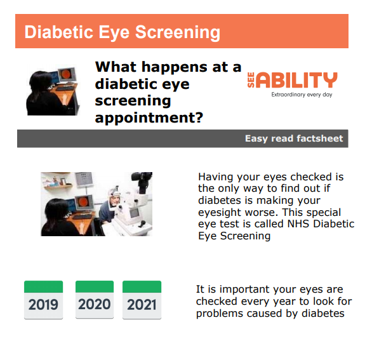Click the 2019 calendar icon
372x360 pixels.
[43, 300]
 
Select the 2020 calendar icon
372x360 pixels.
[95, 300]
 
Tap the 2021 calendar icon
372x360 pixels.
[142, 300]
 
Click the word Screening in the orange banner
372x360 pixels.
[178, 32]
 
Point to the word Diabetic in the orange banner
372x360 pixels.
[59, 32]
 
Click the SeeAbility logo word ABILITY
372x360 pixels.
[298, 80]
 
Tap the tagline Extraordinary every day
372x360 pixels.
[302, 95]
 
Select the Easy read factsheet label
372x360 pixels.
[294, 138]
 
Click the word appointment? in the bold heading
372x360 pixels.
[149, 117]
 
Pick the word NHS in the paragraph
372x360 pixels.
[298, 223]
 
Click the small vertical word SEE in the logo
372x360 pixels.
[251, 80]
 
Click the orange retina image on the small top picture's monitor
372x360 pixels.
[67, 74]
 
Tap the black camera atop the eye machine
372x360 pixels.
[142, 181]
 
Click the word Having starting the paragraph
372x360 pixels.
[216, 177]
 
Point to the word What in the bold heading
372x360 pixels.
[116, 67]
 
